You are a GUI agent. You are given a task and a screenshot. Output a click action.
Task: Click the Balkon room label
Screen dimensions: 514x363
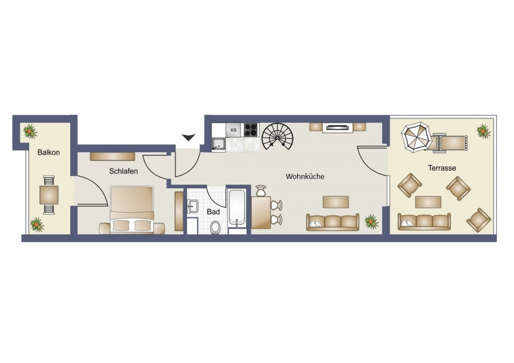[49, 152]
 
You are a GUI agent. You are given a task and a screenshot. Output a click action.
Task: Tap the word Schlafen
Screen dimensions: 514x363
[123, 171]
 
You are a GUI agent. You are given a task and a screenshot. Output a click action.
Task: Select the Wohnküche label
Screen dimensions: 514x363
[305, 176]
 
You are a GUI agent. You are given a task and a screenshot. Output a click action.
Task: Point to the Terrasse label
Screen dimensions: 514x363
[442, 168]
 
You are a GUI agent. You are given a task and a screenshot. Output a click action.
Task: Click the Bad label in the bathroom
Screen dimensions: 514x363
[213, 212]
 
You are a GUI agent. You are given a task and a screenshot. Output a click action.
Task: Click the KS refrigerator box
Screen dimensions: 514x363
[234, 130]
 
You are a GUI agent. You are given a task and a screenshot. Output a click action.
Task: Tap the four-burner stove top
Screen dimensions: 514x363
[251, 130]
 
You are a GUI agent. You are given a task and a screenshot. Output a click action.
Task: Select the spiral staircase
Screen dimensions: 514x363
[278, 136]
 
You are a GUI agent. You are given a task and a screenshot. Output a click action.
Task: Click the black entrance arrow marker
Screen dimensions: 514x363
[188, 138]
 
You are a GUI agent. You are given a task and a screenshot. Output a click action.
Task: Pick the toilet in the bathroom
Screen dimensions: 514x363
[215, 227]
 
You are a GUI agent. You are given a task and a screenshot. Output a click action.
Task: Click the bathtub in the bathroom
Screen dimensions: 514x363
[236, 208]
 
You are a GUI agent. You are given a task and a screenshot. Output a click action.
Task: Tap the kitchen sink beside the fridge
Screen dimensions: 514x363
[218, 145]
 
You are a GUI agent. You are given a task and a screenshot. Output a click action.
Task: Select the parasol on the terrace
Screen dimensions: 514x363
[416, 137]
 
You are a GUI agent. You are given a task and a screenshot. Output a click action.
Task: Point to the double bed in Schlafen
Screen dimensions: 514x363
[132, 209]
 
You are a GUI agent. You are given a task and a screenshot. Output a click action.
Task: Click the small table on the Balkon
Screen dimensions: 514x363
[49, 195]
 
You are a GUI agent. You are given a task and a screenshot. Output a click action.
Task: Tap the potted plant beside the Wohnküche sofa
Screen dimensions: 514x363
[371, 221]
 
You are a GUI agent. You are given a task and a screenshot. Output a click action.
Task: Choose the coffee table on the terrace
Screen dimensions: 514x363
[428, 202]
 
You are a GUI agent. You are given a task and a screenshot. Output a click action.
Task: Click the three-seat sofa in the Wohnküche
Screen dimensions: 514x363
[333, 222]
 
